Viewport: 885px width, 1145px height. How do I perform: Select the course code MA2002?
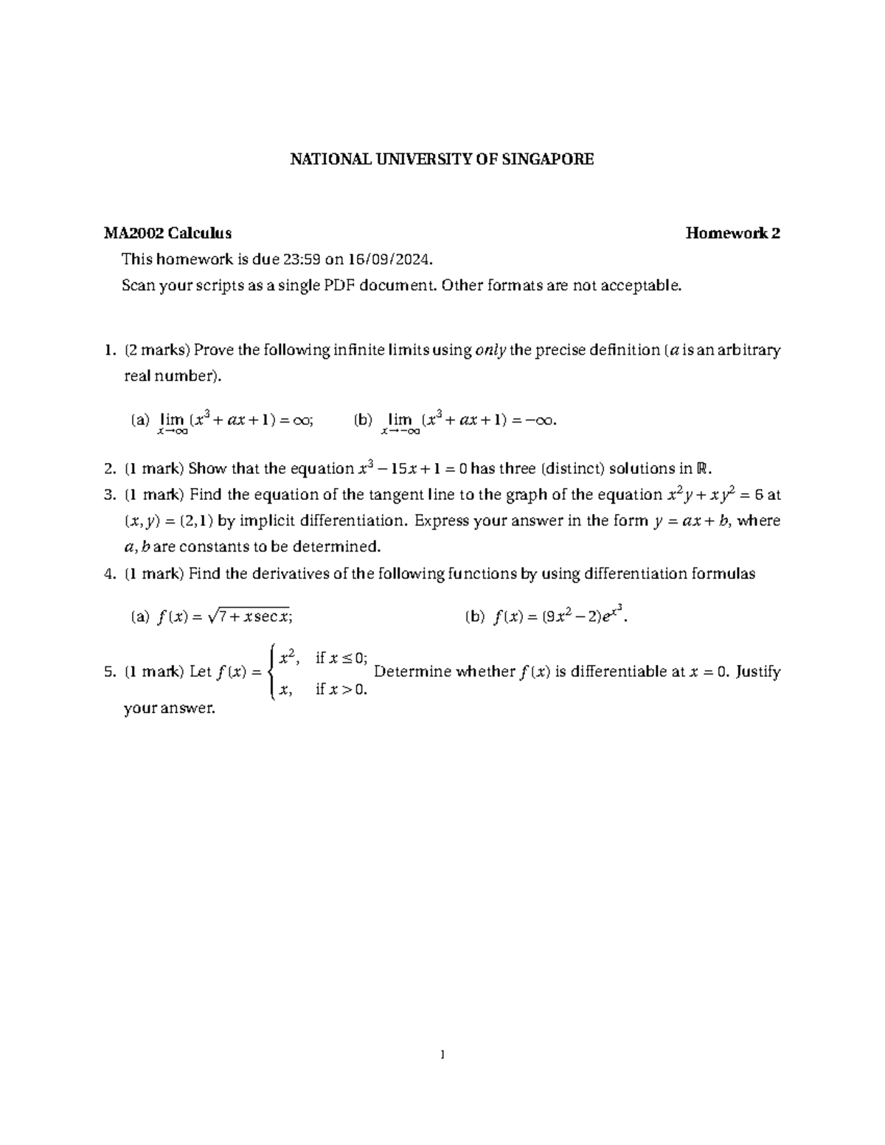point(133,234)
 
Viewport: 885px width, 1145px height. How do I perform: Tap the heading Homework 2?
point(732,234)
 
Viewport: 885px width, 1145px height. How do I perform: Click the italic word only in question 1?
point(490,350)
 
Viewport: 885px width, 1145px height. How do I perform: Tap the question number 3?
point(109,495)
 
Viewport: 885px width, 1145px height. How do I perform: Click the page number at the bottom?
point(442,1055)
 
